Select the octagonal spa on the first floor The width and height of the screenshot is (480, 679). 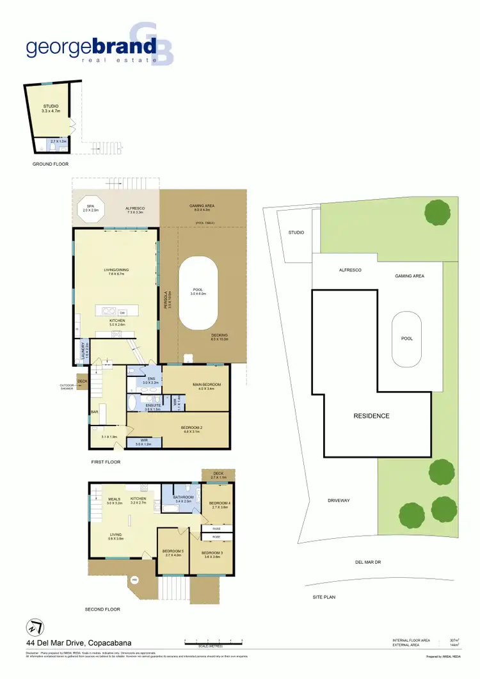coord(92,207)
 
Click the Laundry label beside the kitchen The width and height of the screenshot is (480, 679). coord(83,350)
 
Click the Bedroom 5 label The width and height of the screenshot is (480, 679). coord(173,552)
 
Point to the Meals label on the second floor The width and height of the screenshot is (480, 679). coord(115,499)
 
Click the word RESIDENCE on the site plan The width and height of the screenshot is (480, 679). coord(371,416)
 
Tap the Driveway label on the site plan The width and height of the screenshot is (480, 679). coord(339,500)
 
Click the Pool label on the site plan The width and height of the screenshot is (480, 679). coord(406,339)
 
